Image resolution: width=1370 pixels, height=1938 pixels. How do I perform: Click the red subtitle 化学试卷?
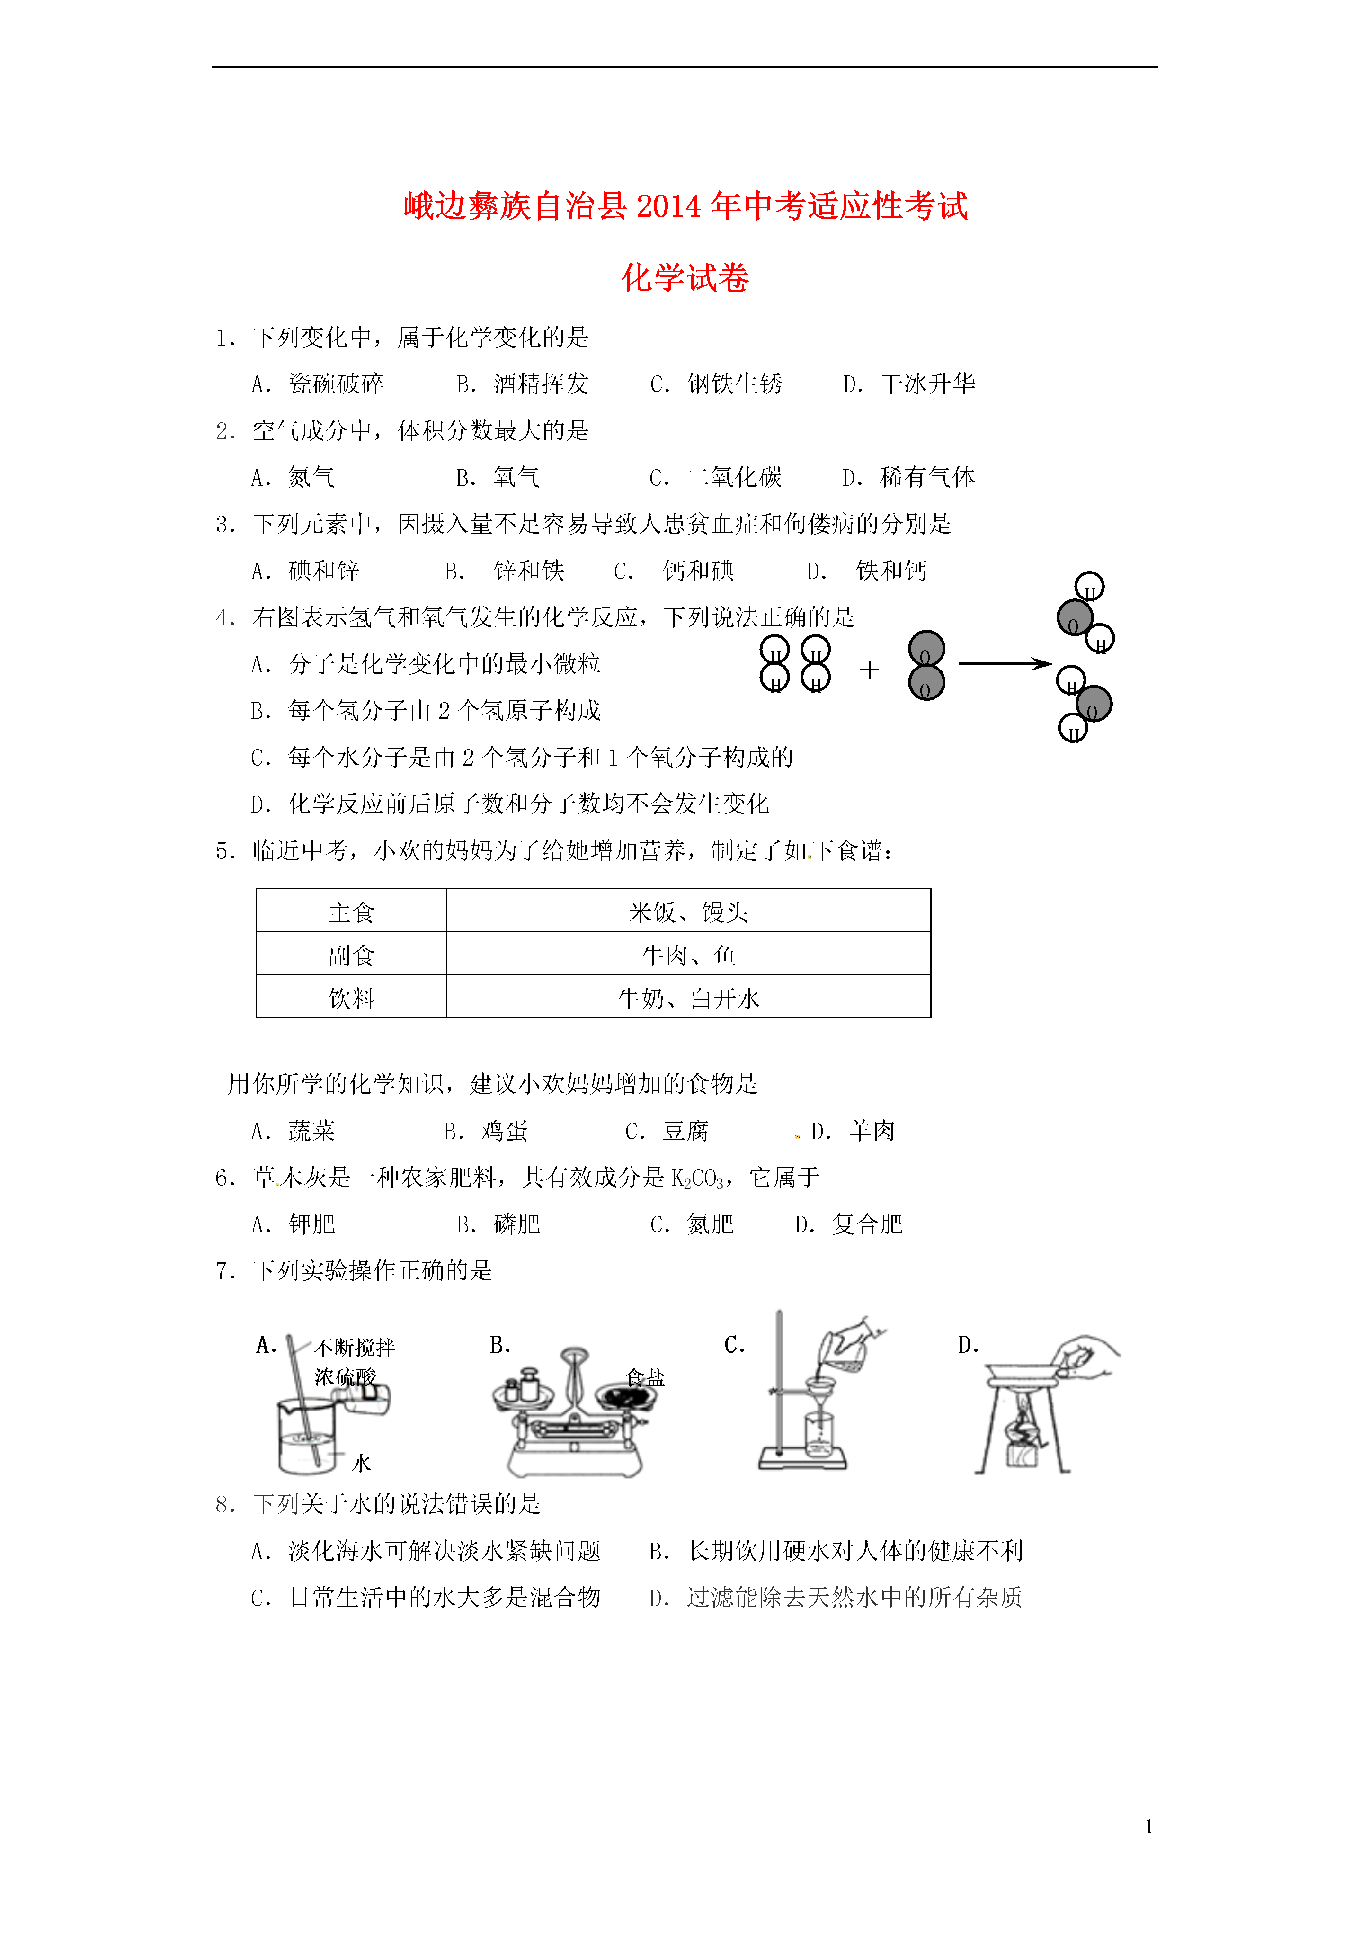(685, 277)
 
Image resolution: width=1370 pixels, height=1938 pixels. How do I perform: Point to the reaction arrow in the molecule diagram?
(1005, 664)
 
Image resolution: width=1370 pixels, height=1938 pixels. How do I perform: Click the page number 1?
(1149, 1827)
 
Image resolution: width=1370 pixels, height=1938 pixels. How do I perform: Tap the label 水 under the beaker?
(361, 1463)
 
